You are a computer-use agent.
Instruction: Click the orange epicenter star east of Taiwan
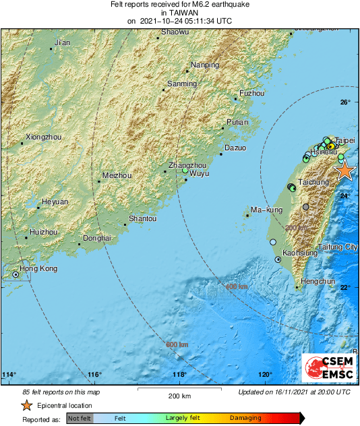(x=344, y=171)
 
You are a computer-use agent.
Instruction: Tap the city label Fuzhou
(x=252, y=93)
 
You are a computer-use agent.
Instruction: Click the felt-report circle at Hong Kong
(x=16, y=275)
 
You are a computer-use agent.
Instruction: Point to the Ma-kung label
(x=266, y=211)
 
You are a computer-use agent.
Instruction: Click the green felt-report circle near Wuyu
(x=185, y=171)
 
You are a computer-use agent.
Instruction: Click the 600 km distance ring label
(x=177, y=345)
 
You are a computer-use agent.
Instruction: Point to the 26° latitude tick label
(x=344, y=102)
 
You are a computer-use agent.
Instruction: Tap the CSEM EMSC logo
(x=325, y=368)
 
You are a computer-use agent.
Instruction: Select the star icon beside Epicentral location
(x=26, y=405)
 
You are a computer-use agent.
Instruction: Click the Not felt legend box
(x=80, y=419)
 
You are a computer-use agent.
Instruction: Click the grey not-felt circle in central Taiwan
(x=306, y=207)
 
